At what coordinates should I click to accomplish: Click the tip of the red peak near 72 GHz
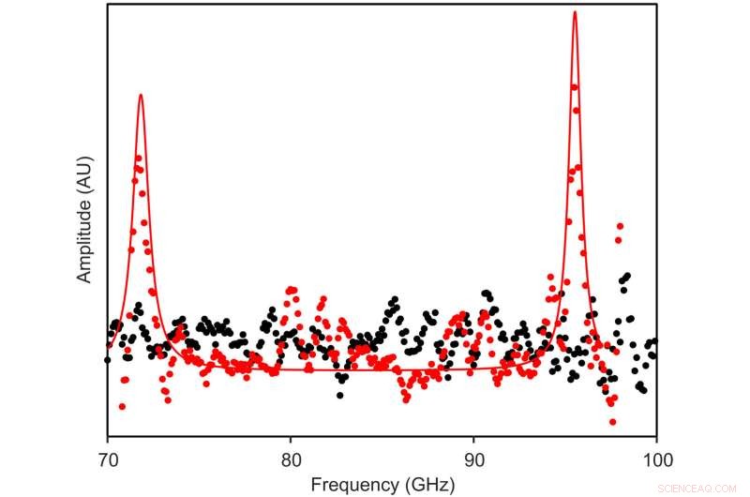141,95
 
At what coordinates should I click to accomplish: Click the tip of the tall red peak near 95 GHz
574,12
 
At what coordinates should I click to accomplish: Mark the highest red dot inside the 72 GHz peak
139,158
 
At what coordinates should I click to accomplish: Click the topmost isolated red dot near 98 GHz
620,226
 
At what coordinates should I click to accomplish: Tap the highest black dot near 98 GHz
627,276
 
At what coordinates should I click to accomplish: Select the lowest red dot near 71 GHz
122,406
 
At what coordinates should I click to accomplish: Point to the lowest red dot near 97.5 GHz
612,403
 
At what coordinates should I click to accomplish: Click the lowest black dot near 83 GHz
339,395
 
